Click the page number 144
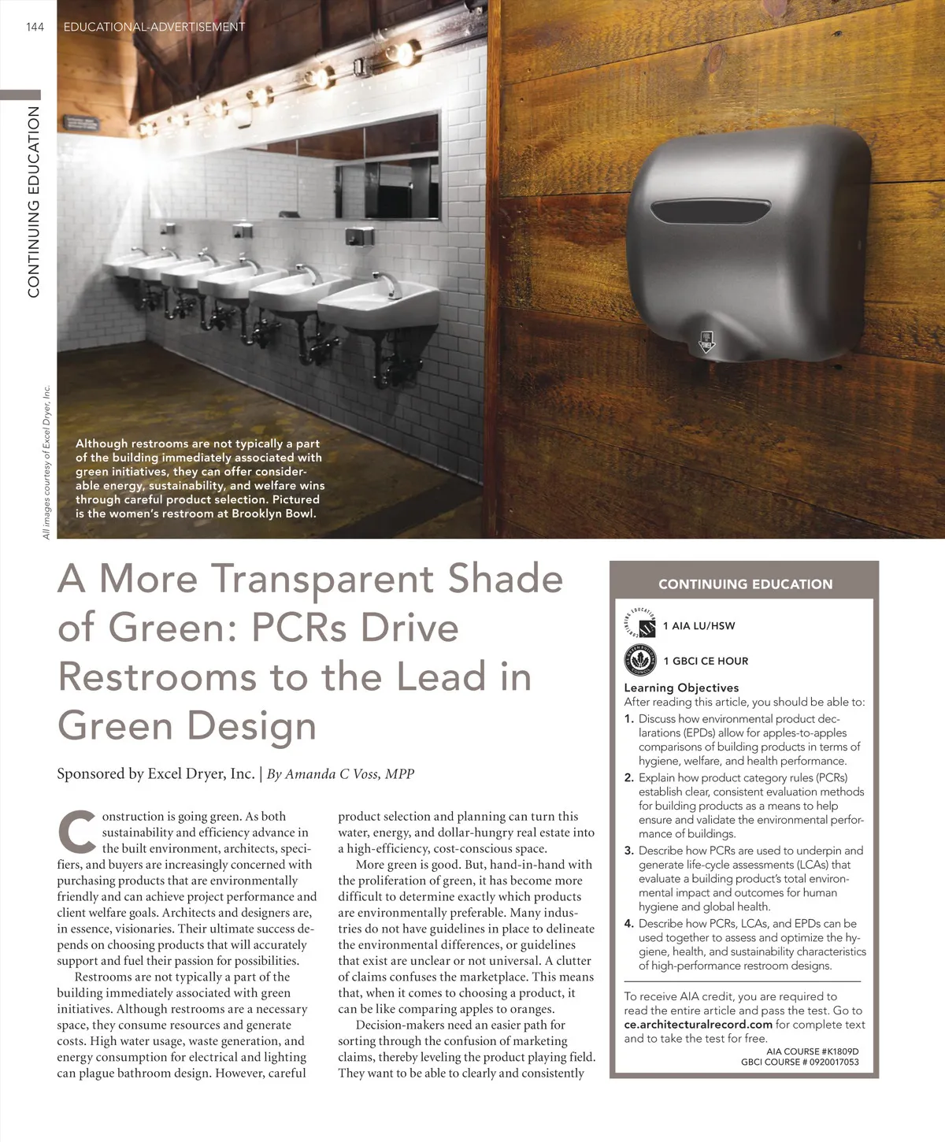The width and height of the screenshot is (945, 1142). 35,27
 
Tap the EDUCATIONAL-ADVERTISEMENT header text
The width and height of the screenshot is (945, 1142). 154,27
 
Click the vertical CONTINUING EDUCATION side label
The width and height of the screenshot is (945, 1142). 34,202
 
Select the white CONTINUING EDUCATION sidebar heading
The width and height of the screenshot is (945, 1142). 745,584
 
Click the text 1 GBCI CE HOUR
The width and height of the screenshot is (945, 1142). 706,661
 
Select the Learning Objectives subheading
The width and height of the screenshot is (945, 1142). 681,688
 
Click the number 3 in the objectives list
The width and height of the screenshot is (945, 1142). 628,851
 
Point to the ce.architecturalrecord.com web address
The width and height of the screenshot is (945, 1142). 698,1025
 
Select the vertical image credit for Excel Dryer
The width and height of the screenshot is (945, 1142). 46,462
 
